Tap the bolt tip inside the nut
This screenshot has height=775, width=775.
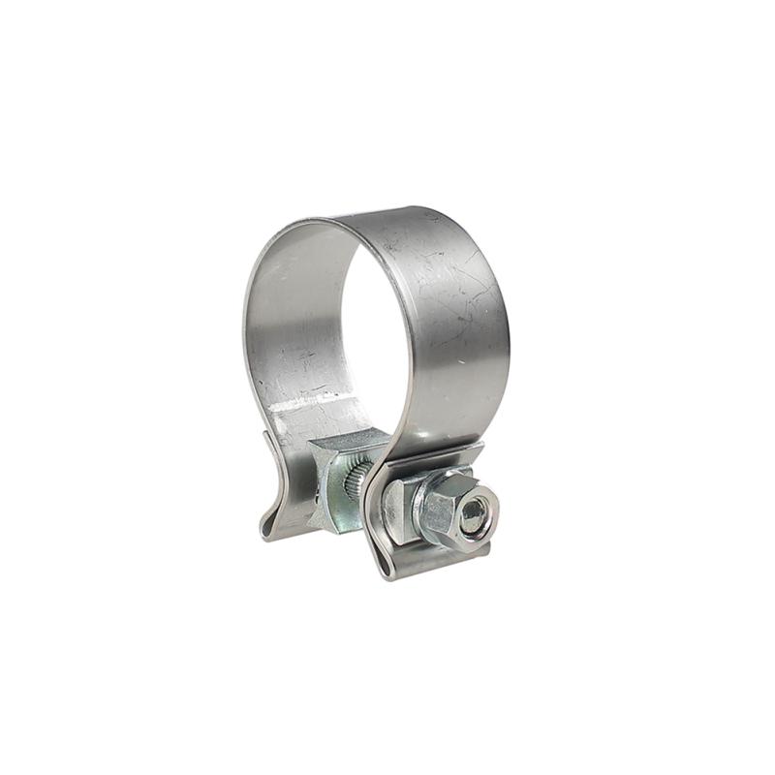pos(474,515)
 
